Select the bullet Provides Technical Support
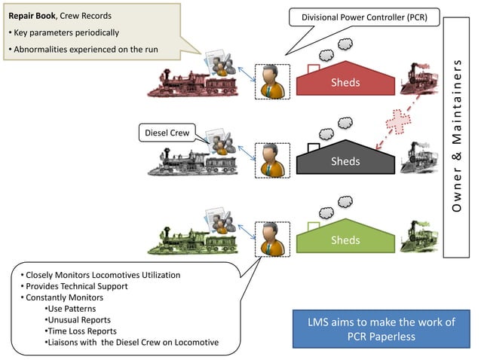tap(76, 286)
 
